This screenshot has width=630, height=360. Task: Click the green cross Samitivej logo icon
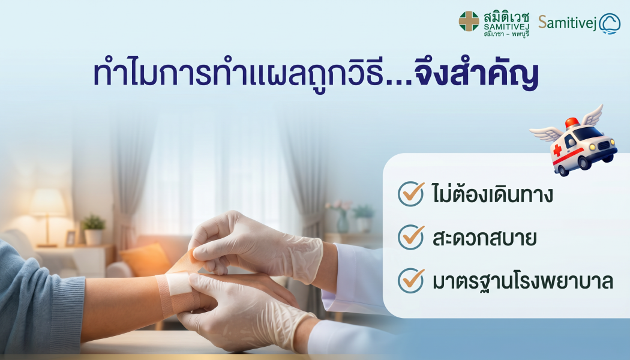pos(469,21)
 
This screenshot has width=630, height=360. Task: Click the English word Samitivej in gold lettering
pos(567,23)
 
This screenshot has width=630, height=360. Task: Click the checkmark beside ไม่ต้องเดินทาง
pos(411,193)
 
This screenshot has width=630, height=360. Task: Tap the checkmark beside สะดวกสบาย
pos(411,237)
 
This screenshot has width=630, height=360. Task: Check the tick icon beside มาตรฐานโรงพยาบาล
pos(411,280)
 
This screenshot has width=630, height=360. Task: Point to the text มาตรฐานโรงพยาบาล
pos(522,281)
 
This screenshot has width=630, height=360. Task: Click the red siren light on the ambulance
pos(572,122)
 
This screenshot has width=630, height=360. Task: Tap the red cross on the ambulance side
pos(557,149)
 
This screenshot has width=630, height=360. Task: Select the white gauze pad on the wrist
pos(178,284)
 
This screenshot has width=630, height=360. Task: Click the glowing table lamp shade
pos(49,203)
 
